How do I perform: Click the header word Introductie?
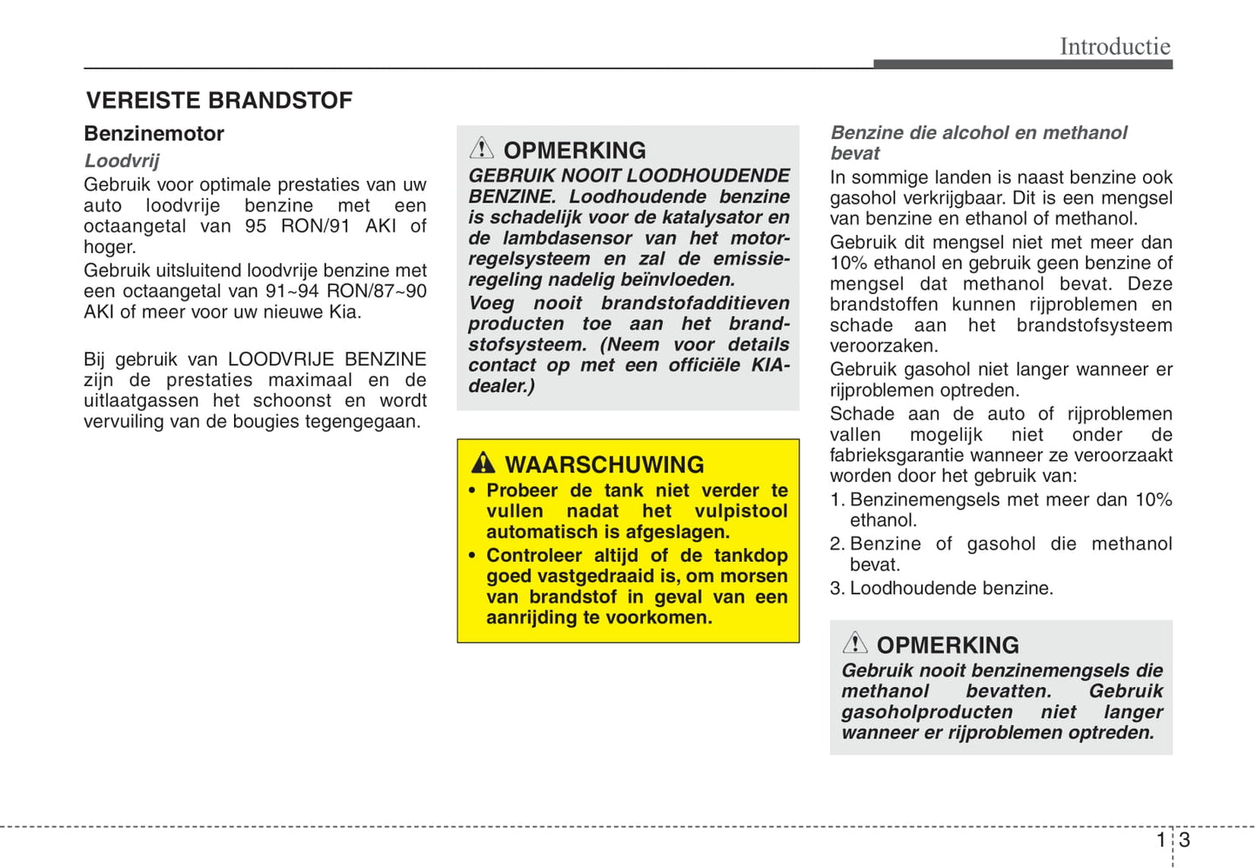pyautogui.click(x=1114, y=46)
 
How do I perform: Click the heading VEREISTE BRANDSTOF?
pyautogui.click(x=219, y=101)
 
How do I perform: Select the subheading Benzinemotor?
pyautogui.click(x=154, y=134)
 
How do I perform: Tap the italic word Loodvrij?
pyautogui.click(x=122, y=161)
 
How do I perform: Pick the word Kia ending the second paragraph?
pyautogui.click(x=345, y=312)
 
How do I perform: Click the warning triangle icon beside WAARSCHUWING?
pyautogui.click(x=483, y=463)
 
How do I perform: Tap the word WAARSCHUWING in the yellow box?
pyautogui.click(x=605, y=464)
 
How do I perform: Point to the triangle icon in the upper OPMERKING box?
pyautogui.click(x=481, y=148)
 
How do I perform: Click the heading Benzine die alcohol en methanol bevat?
pyautogui.click(x=979, y=143)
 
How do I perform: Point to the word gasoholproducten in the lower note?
pyautogui.click(x=926, y=712)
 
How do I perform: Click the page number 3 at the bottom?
pyautogui.click(x=1185, y=840)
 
